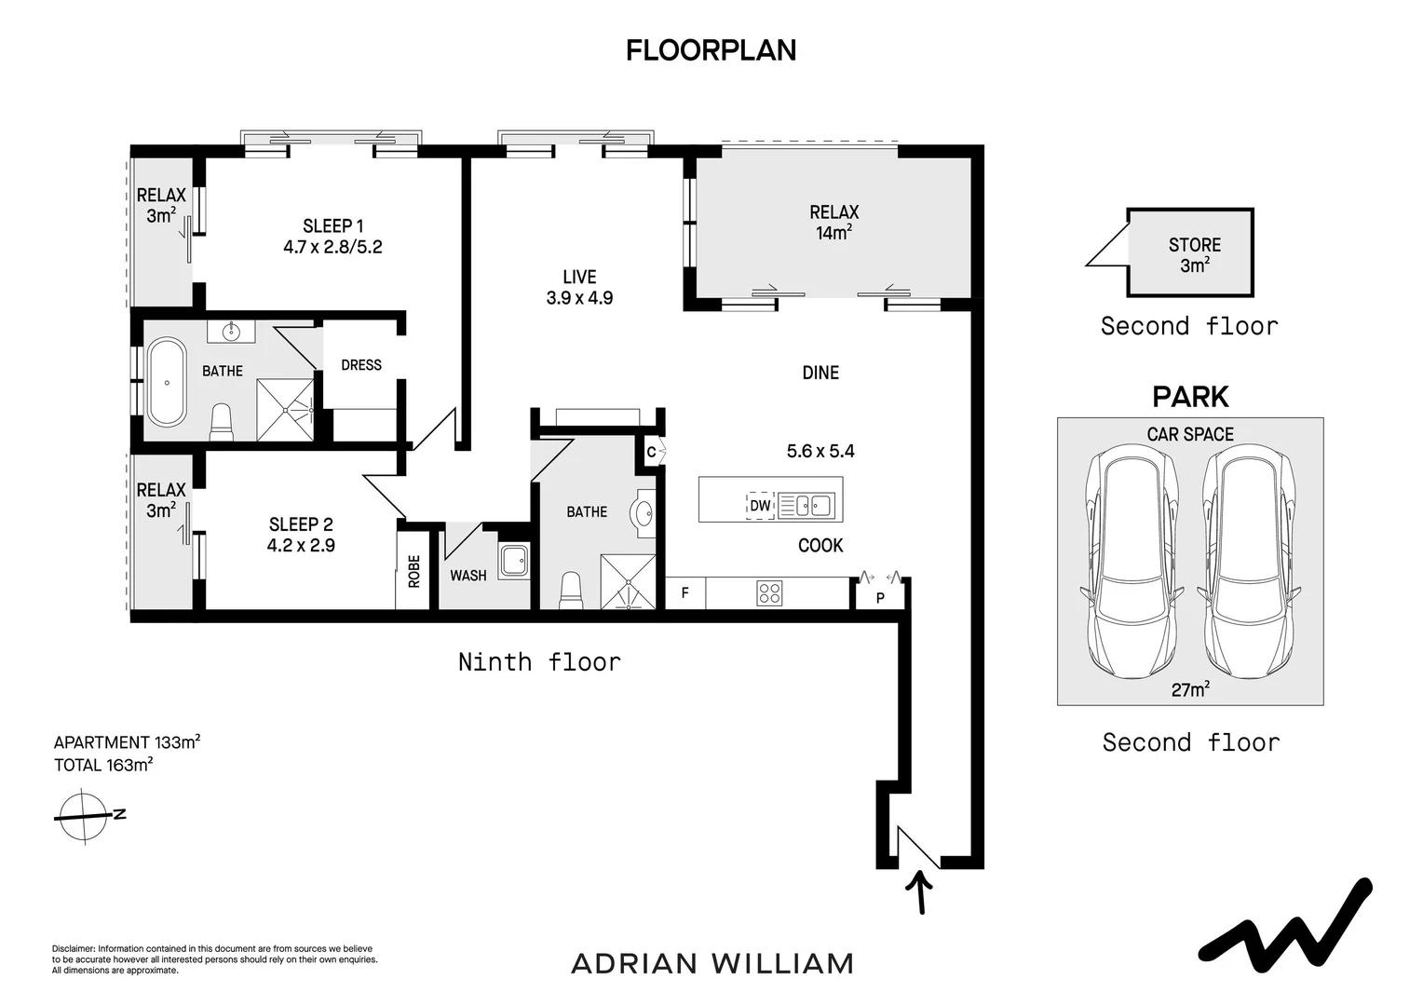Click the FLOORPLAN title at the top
click(x=711, y=51)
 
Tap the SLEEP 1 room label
click(x=332, y=226)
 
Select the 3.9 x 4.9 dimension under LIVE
click(x=579, y=298)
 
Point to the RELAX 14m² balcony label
click(x=834, y=223)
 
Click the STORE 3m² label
click(x=1194, y=255)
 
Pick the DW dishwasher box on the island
click(x=760, y=506)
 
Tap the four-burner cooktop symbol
click(x=769, y=593)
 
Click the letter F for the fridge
click(x=684, y=593)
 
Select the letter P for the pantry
click(x=880, y=598)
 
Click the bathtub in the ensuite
click(x=167, y=381)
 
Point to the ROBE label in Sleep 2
click(x=413, y=571)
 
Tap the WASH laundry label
click(x=468, y=576)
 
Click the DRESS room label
click(x=361, y=365)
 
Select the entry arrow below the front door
click(x=919, y=892)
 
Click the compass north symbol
click(x=86, y=817)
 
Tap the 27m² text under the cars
click(x=1190, y=689)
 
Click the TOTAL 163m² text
click(x=103, y=765)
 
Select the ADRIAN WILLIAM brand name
click(x=712, y=964)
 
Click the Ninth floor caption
click(x=539, y=662)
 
